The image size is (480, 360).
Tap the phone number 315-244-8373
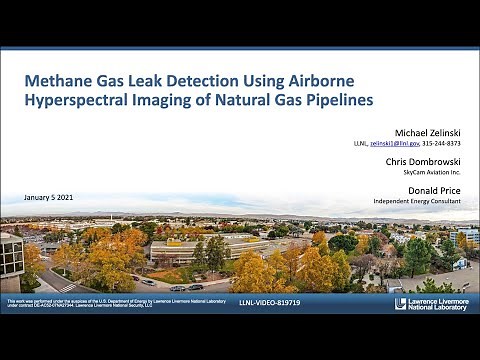(448, 144)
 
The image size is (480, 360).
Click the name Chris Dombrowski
(427, 161)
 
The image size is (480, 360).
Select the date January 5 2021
(51, 195)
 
